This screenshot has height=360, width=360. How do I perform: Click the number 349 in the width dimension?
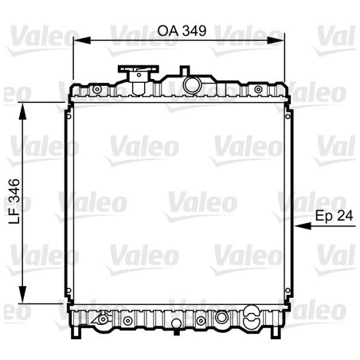click(x=194, y=30)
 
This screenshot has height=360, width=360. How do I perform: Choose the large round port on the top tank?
click(x=191, y=83)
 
